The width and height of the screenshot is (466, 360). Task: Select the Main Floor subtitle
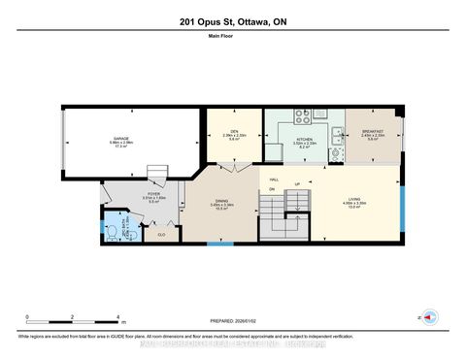[233, 40]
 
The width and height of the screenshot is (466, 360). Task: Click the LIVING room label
[355, 202]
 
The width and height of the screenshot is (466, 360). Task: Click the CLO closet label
[160, 234]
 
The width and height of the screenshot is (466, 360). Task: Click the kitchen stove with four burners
[301, 115]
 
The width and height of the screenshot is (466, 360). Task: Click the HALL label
[274, 178]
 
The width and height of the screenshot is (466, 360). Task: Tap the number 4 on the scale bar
[117, 317]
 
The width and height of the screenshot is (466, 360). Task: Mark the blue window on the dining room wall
[219, 244]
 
